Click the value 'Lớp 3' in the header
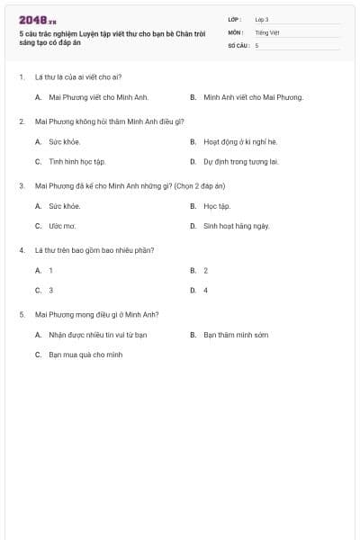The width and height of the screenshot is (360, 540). tap(262, 19)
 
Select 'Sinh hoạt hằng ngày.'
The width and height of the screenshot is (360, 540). tap(237, 226)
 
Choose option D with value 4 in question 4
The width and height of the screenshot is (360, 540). tap(205, 291)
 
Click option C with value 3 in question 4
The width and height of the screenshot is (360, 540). tap(50, 291)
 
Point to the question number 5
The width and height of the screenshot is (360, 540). tap(22, 315)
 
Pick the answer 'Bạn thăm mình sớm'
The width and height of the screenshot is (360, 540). tap(236, 335)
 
